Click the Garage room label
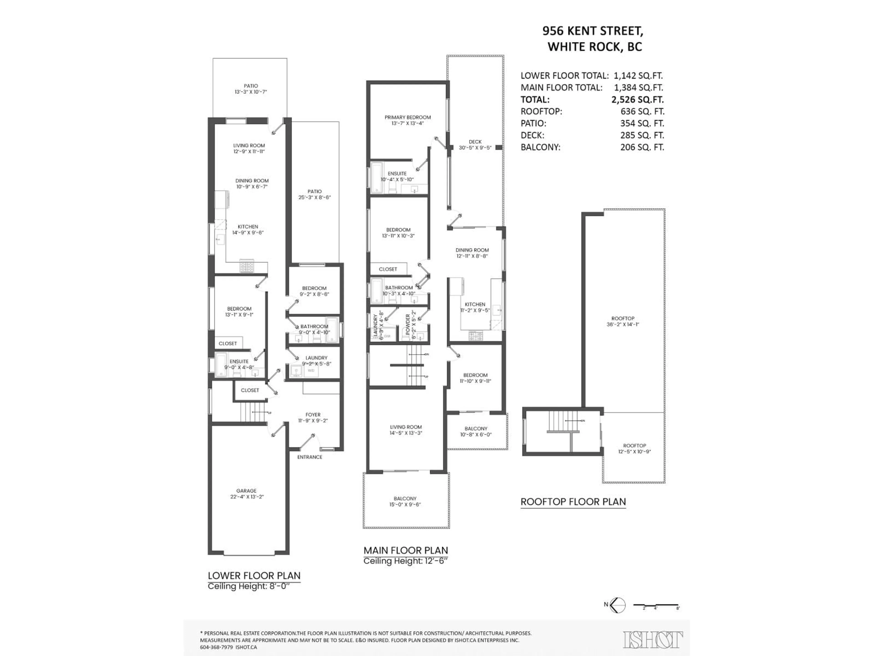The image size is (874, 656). (246, 491)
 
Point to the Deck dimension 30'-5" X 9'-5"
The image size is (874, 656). (475, 148)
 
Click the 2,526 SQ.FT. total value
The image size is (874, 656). (637, 100)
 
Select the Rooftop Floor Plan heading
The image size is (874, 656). (573, 502)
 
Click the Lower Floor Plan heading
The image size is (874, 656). (254, 575)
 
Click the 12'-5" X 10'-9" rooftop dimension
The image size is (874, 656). (634, 451)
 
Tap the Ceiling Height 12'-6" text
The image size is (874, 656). (406, 561)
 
